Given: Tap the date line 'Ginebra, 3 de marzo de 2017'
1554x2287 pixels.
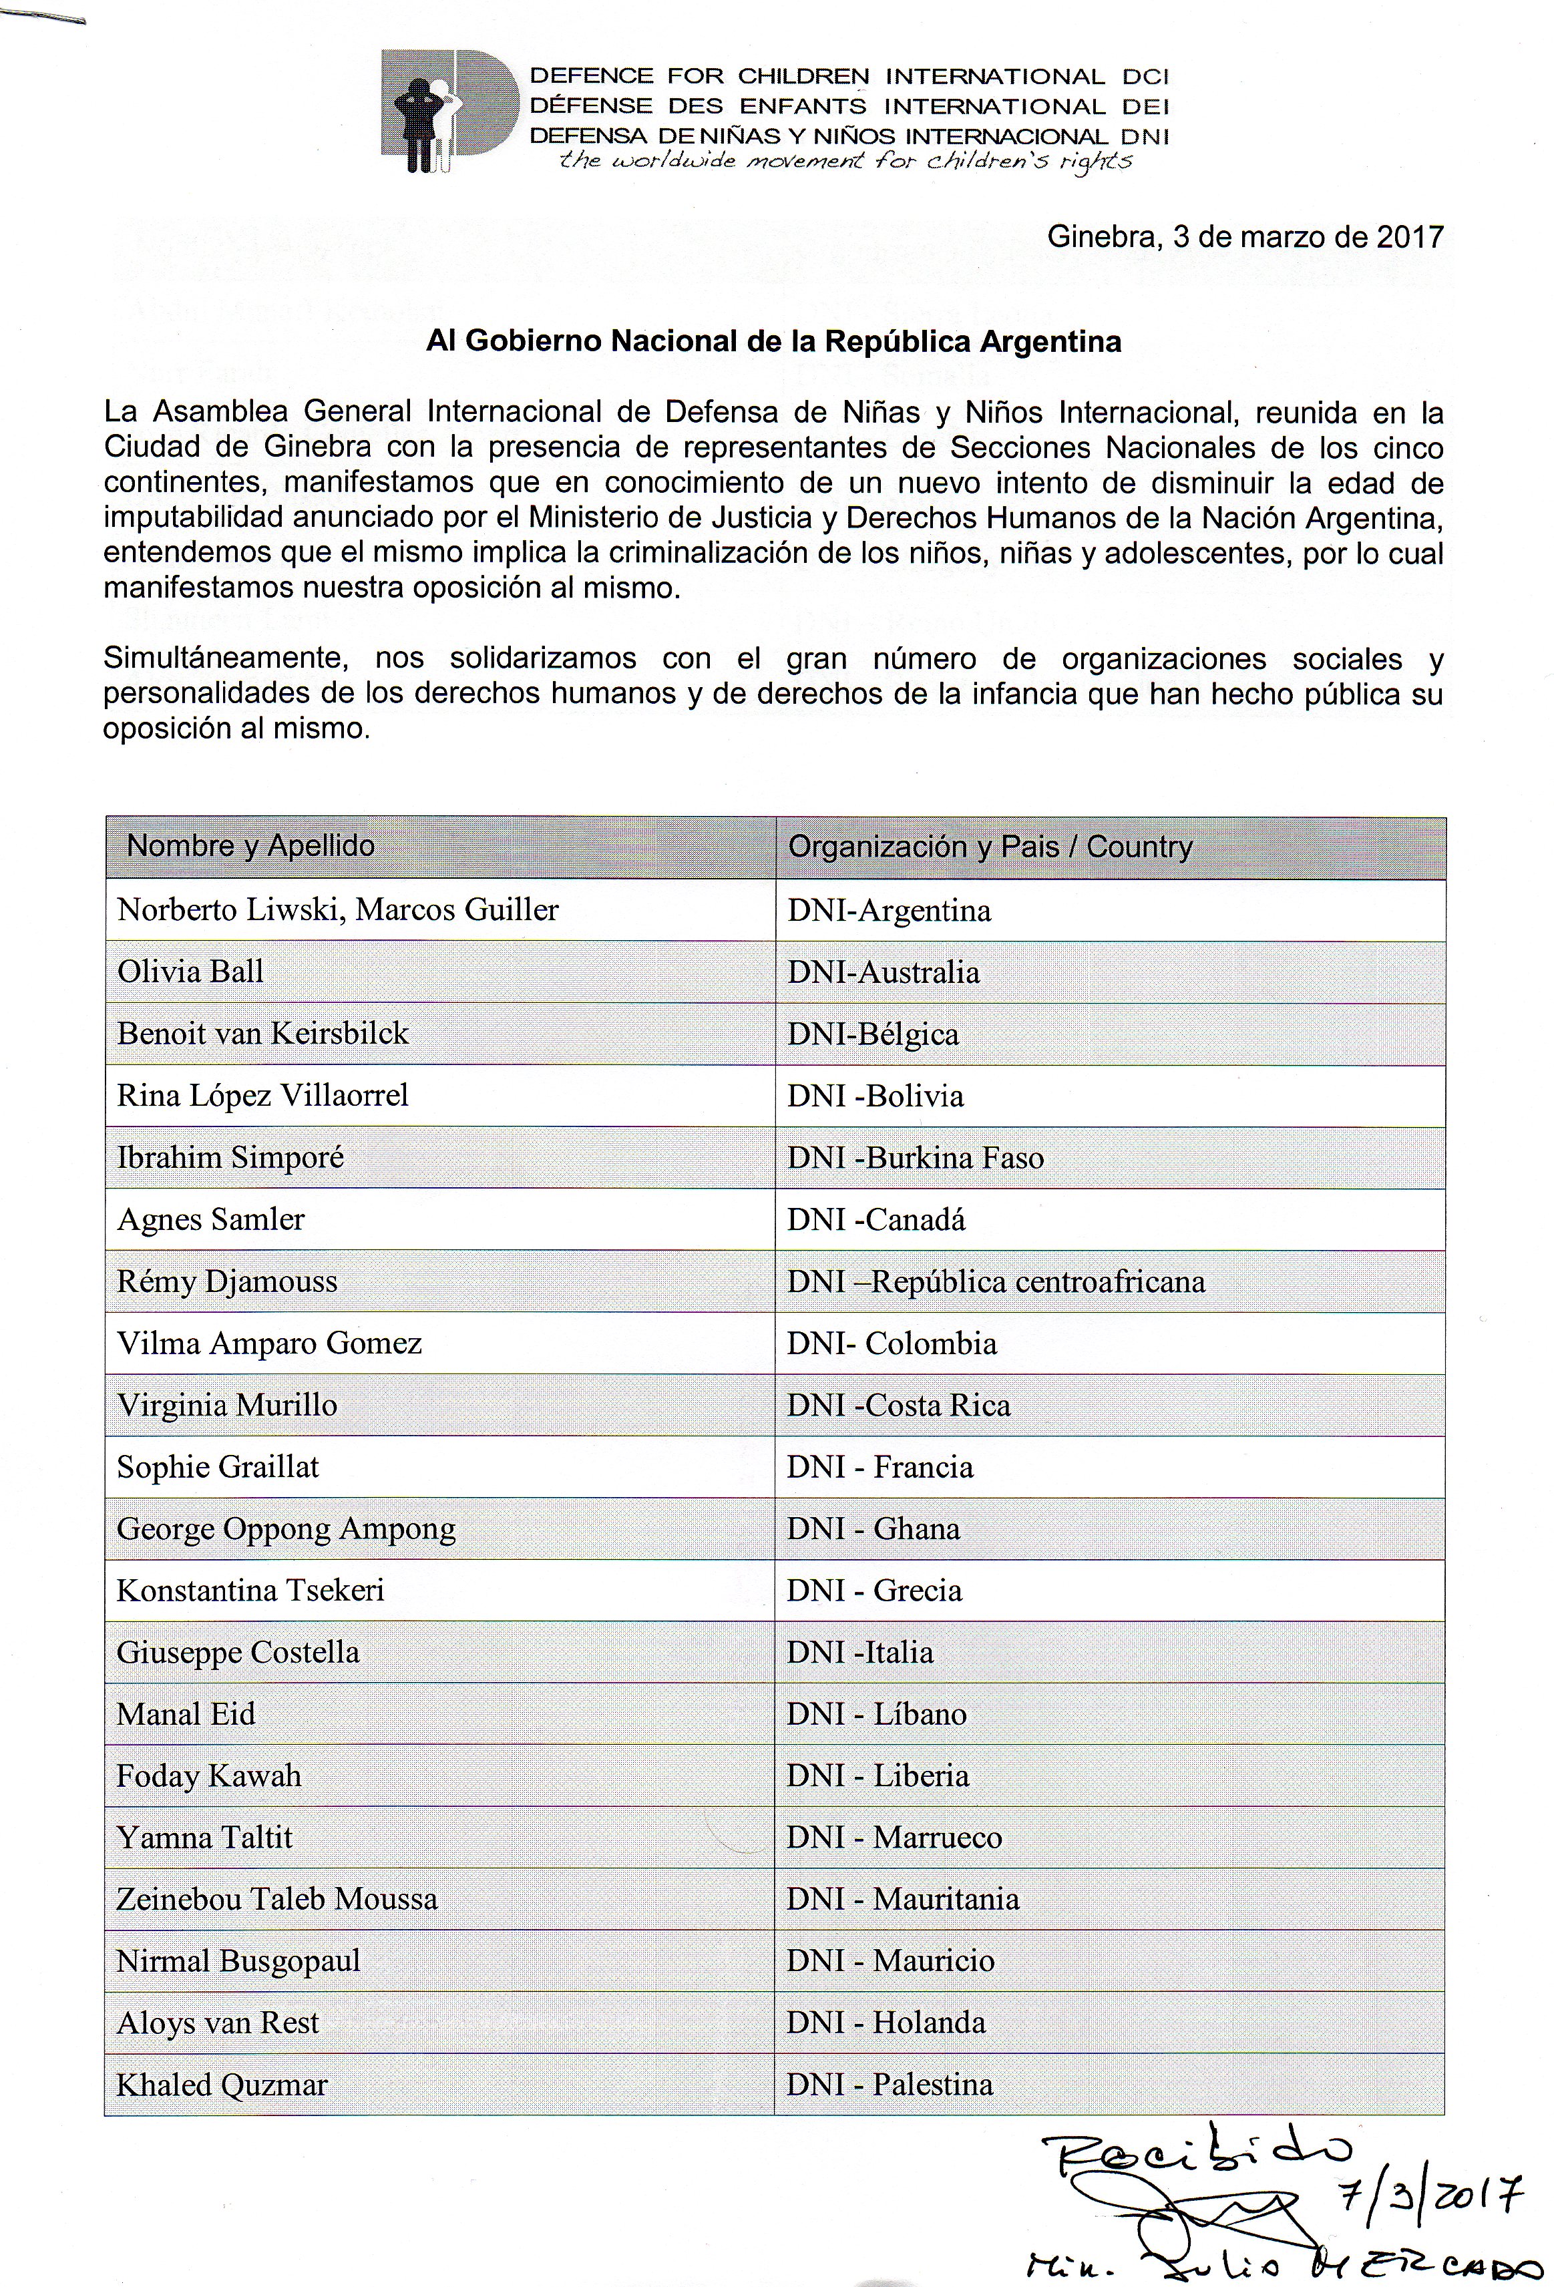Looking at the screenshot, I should click(x=1245, y=237).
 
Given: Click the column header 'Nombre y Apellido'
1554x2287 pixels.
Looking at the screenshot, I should click(x=251, y=846).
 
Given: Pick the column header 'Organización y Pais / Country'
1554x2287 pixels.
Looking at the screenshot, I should click(x=990, y=847).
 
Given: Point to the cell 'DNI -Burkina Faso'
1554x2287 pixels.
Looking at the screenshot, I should click(x=916, y=1159).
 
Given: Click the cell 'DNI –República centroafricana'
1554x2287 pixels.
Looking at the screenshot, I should click(x=996, y=1282).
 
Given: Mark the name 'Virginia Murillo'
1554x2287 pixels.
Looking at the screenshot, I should click(x=227, y=1406).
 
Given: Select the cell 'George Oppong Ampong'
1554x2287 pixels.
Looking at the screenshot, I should click(x=286, y=1529).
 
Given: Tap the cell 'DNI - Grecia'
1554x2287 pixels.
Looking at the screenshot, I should click(x=875, y=1591).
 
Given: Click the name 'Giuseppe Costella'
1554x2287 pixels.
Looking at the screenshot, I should click(x=238, y=1652).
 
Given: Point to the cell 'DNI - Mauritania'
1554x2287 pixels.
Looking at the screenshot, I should click(x=904, y=1899).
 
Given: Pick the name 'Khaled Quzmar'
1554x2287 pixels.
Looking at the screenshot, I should click(x=222, y=2085).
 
